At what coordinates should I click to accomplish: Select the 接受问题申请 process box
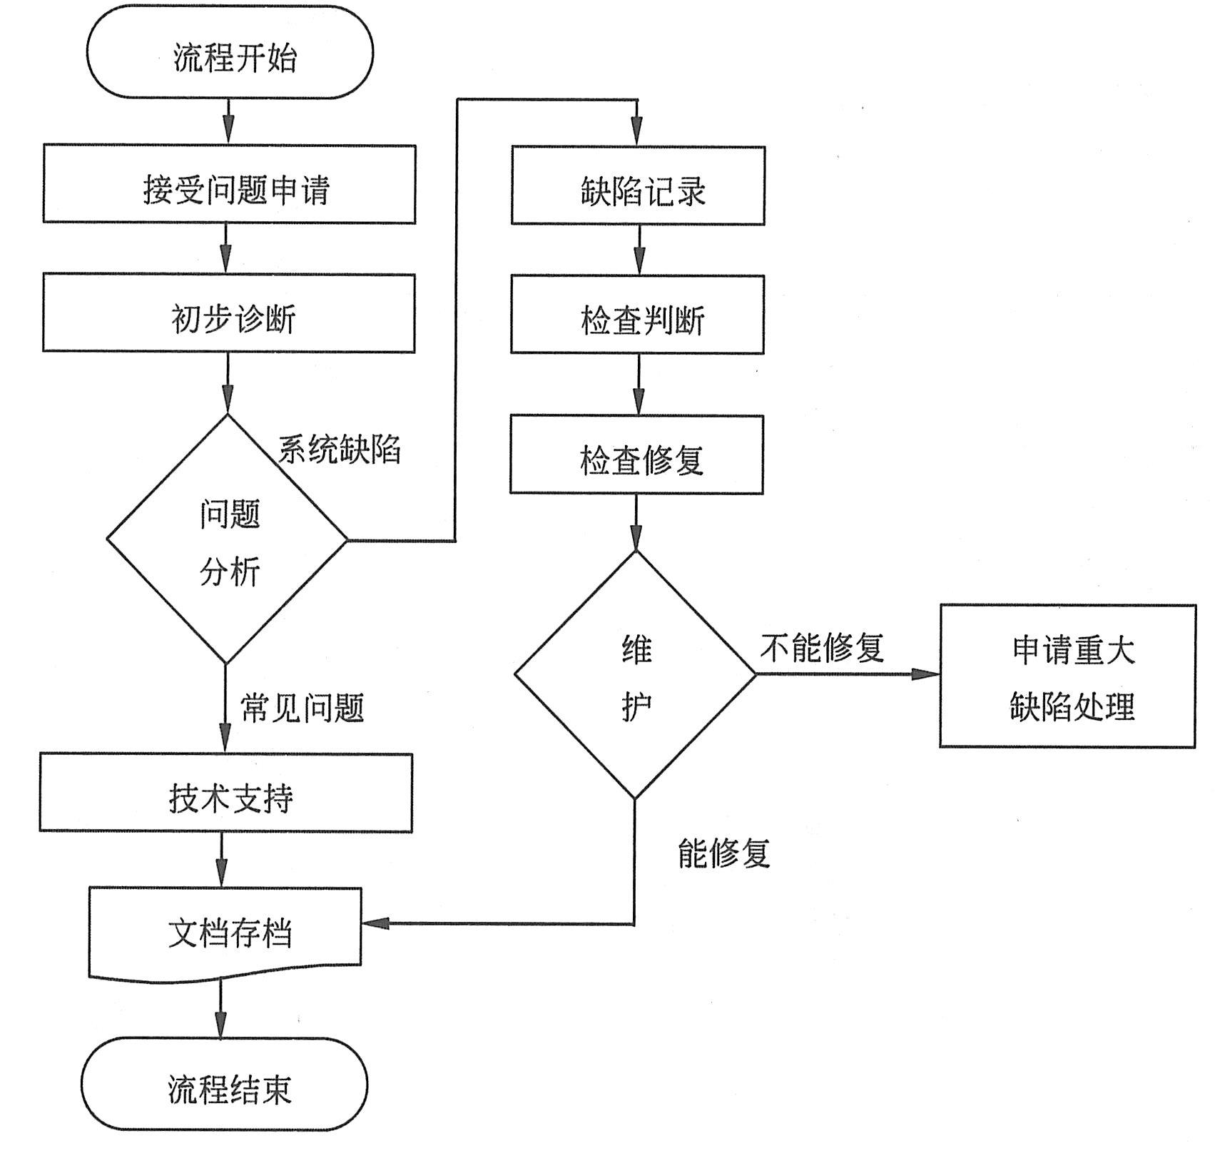click(229, 185)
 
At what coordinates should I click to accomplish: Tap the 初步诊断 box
click(229, 313)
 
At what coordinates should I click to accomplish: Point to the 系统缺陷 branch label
click(340, 450)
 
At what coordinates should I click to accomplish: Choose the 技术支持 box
click(226, 793)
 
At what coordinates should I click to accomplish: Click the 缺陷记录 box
click(639, 186)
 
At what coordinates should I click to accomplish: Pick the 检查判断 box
click(638, 315)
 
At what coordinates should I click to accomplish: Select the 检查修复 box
click(637, 455)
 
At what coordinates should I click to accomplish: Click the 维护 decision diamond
click(636, 674)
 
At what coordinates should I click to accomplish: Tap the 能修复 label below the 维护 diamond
click(724, 853)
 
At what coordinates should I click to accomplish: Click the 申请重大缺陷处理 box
click(1067, 676)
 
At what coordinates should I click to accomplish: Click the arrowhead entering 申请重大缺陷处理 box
click(926, 674)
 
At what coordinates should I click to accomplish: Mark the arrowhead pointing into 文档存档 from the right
click(376, 923)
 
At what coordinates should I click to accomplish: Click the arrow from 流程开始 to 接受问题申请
click(228, 121)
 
